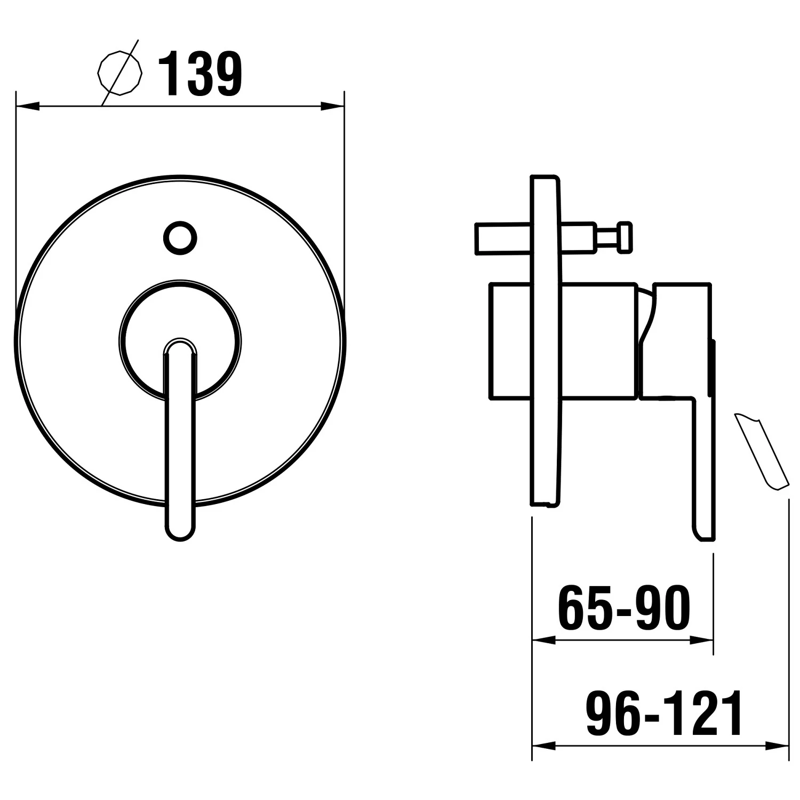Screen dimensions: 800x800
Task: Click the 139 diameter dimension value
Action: (x=201, y=75)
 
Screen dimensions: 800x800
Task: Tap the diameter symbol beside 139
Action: (x=121, y=73)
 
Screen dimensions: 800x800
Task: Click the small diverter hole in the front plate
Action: (x=180, y=238)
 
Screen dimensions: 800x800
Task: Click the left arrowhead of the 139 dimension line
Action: (x=28, y=107)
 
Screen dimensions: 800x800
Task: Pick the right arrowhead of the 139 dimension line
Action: (x=332, y=107)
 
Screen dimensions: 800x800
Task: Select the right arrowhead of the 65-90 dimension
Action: (x=701, y=639)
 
